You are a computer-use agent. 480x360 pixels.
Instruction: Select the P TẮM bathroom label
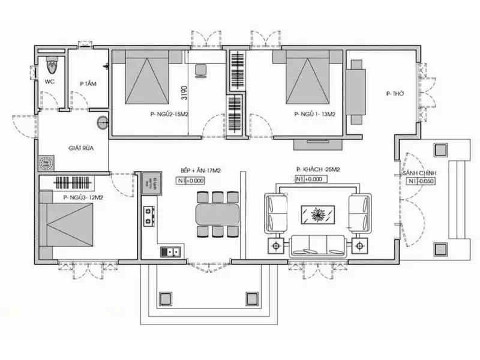tap(88, 84)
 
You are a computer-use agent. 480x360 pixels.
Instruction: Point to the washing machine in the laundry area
tap(46, 163)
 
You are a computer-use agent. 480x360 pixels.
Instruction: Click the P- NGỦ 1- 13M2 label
tap(314, 113)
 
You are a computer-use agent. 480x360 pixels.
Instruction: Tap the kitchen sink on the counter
tap(172, 251)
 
